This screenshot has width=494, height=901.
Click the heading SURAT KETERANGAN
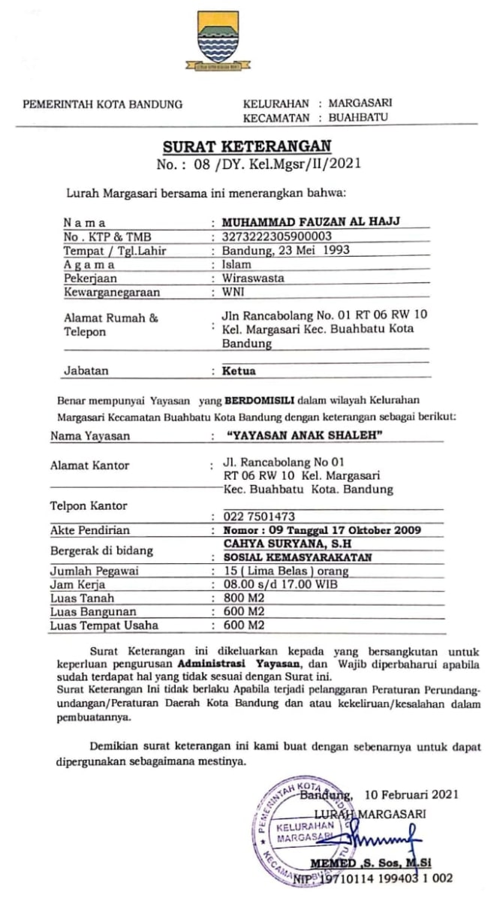pos(247,145)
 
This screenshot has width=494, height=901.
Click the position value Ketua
pos(239,371)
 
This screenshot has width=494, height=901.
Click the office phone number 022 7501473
pos(258,516)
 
